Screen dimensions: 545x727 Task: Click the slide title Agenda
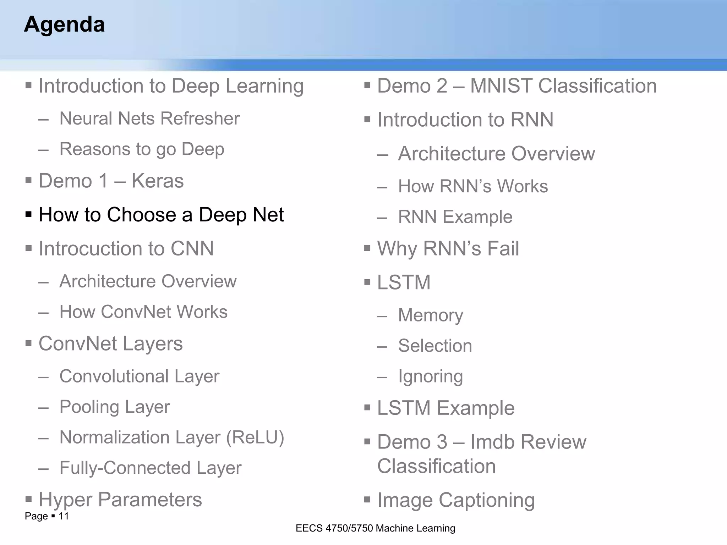64,24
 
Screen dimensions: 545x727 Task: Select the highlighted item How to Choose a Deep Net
161,215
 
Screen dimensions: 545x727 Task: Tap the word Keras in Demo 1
157,181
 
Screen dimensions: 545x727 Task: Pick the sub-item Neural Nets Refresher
149,119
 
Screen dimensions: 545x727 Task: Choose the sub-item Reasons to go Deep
142,149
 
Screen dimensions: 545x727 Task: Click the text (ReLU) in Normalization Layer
255,437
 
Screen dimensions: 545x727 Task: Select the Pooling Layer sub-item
114,407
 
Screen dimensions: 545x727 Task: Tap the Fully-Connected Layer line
150,468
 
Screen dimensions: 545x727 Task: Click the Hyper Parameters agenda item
120,500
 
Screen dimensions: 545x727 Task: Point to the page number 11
64,516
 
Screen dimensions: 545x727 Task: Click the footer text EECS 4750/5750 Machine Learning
375,528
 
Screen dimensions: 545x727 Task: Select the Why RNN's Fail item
448,248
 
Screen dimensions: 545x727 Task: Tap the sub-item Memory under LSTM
430,315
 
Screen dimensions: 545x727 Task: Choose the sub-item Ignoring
430,376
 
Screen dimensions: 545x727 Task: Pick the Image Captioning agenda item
455,500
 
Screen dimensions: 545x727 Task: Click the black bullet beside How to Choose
29,214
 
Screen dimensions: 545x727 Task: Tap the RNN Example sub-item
455,217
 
